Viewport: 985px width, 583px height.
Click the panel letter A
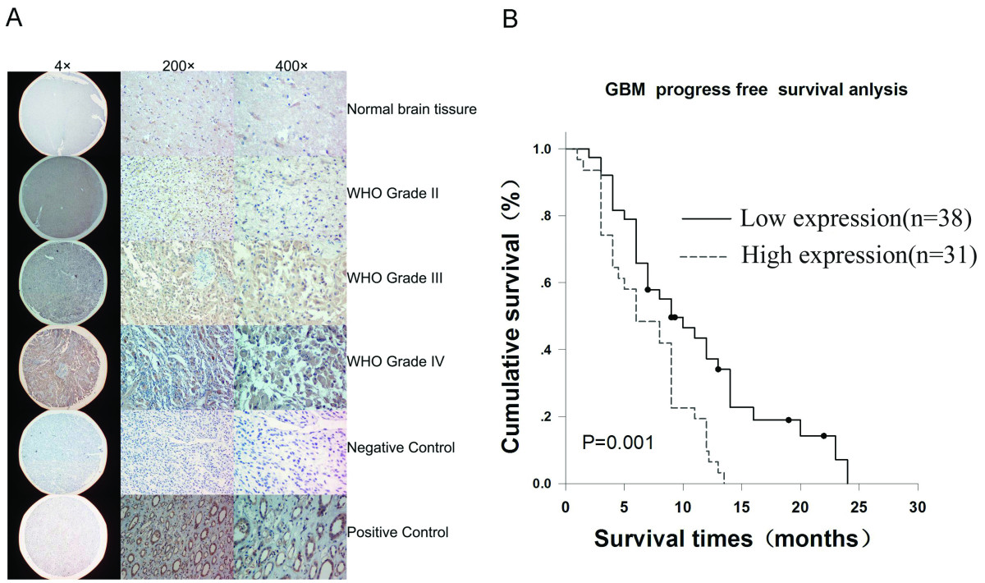[14, 19]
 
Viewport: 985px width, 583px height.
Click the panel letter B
[510, 19]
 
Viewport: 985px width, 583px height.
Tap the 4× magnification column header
[62, 66]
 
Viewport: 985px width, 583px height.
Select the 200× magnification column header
[178, 66]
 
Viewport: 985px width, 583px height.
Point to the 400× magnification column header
[291, 66]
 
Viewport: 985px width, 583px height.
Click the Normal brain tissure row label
[411, 109]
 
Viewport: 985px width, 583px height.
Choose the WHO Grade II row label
[392, 193]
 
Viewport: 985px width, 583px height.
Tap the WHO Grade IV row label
[396, 361]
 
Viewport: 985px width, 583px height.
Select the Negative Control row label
[401, 448]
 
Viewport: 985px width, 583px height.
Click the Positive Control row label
[397, 532]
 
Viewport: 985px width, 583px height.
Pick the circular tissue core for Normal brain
[63, 113]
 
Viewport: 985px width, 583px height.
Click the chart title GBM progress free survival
[756, 90]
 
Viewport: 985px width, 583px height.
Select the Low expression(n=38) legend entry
[827, 218]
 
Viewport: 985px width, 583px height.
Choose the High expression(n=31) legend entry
[827, 255]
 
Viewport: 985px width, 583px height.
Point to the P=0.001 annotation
[618, 443]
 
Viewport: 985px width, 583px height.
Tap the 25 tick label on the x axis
[859, 507]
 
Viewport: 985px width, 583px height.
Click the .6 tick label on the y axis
[545, 282]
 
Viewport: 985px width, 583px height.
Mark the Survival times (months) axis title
[731, 539]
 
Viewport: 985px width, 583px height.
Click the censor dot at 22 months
[823, 435]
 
